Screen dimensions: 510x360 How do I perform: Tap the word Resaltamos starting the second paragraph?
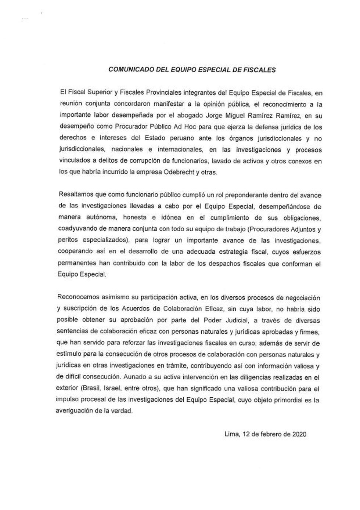(76, 195)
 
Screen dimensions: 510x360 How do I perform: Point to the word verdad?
(121, 412)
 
